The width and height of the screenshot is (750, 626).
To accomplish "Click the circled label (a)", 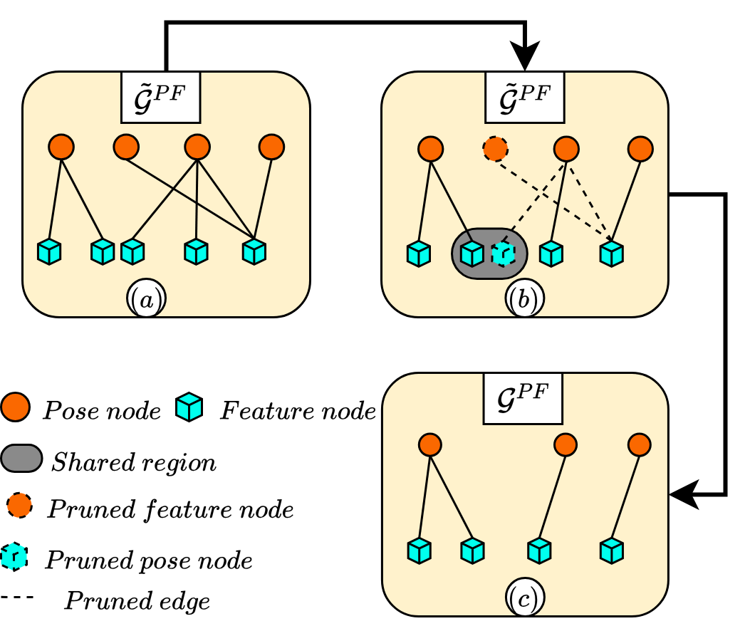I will pyautogui.click(x=146, y=299).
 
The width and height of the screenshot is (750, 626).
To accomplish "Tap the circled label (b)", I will pyautogui.click(x=525, y=299).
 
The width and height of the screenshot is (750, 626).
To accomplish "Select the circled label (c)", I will pyautogui.click(x=525, y=599).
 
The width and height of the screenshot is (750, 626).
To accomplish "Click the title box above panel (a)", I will pyautogui.click(x=160, y=97).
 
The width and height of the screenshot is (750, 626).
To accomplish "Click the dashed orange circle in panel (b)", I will pyautogui.click(x=495, y=149).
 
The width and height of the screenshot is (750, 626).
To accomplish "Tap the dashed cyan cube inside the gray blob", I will pyautogui.click(x=503, y=254).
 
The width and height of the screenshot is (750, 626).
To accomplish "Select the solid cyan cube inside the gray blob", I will pyautogui.click(x=472, y=254).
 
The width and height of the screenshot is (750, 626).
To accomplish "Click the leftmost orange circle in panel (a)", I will pyautogui.click(x=61, y=147).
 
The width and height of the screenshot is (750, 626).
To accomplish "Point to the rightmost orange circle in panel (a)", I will pyautogui.click(x=271, y=147).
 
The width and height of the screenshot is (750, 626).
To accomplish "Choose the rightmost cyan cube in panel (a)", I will pyautogui.click(x=254, y=251).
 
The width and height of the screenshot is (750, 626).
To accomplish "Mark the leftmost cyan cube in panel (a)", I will pyautogui.click(x=49, y=251).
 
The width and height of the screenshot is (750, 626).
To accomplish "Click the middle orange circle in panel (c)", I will pyautogui.click(x=566, y=445).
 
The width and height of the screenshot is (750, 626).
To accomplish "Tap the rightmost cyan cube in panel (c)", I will pyautogui.click(x=611, y=551).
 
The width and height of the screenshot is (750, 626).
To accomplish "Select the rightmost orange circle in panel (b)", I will pyautogui.click(x=640, y=149).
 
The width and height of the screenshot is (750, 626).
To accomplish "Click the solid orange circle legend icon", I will pyautogui.click(x=15, y=407).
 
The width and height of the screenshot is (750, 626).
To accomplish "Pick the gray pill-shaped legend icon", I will pyautogui.click(x=21, y=458).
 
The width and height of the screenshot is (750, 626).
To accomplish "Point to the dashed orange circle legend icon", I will pyautogui.click(x=19, y=505).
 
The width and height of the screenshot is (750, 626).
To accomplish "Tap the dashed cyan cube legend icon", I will pyautogui.click(x=14, y=556).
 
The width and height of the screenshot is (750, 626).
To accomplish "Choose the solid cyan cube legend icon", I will pyautogui.click(x=189, y=407).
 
